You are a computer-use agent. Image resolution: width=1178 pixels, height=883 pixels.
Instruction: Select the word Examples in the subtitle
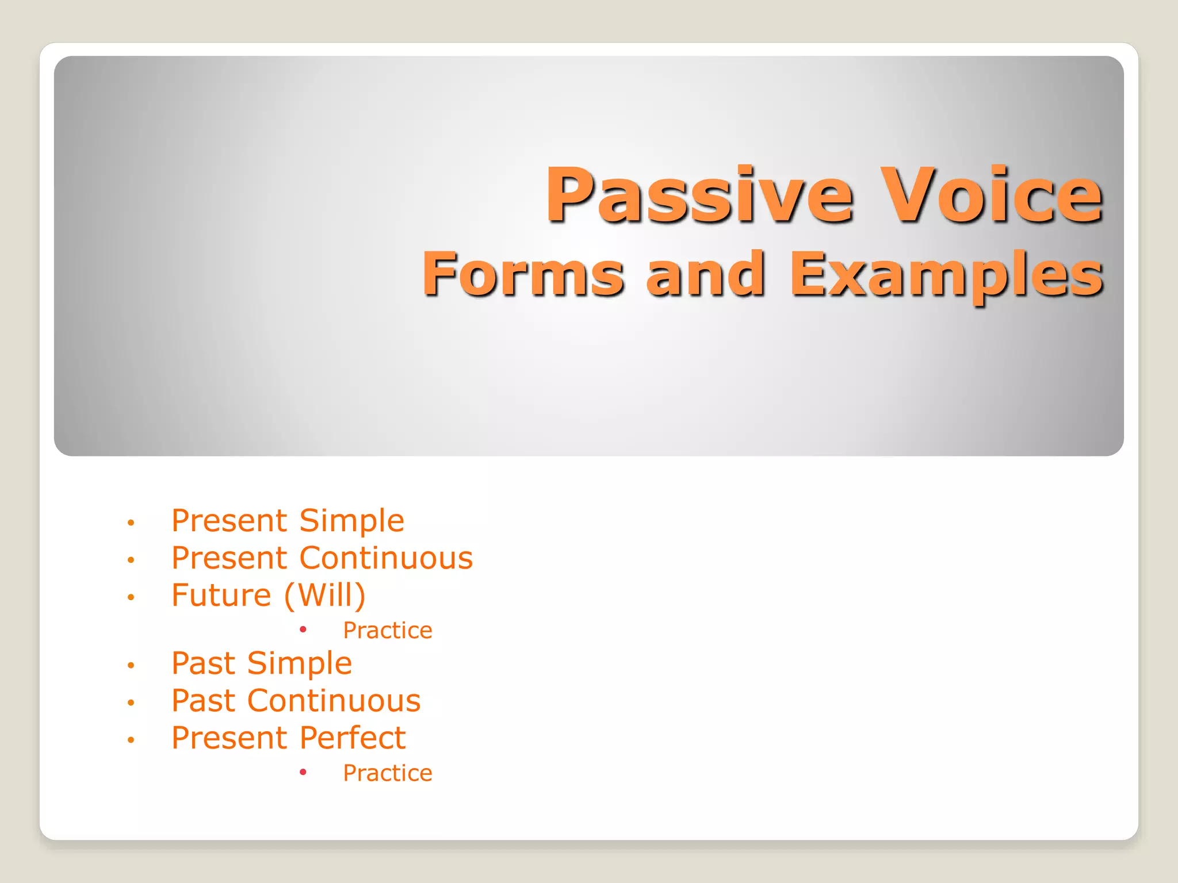(946, 275)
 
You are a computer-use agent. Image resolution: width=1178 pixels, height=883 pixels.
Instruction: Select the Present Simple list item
(288, 521)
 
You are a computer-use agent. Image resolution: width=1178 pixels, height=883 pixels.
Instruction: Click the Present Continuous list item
(322, 558)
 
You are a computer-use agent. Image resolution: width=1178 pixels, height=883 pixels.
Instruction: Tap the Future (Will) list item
(269, 595)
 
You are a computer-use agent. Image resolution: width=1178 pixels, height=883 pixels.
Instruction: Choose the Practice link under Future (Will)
(387, 631)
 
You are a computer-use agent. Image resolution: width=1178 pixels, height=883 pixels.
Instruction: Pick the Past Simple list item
(262, 663)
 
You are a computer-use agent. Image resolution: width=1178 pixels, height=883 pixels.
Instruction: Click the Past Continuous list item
(296, 701)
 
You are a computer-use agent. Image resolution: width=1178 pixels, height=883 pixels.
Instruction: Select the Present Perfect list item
(289, 738)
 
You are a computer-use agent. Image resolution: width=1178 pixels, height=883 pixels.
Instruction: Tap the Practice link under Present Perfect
(387, 773)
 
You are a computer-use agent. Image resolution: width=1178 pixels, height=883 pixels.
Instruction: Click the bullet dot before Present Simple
(131, 523)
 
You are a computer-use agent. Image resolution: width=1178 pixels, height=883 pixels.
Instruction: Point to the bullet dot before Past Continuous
(131, 702)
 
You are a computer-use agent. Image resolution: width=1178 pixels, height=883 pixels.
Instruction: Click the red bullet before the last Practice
(303, 772)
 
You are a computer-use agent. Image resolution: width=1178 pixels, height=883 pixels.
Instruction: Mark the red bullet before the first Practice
(303, 629)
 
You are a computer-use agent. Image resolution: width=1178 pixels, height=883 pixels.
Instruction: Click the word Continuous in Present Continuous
(386, 558)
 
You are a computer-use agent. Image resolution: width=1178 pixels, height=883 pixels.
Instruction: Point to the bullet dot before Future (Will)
(131, 597)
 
